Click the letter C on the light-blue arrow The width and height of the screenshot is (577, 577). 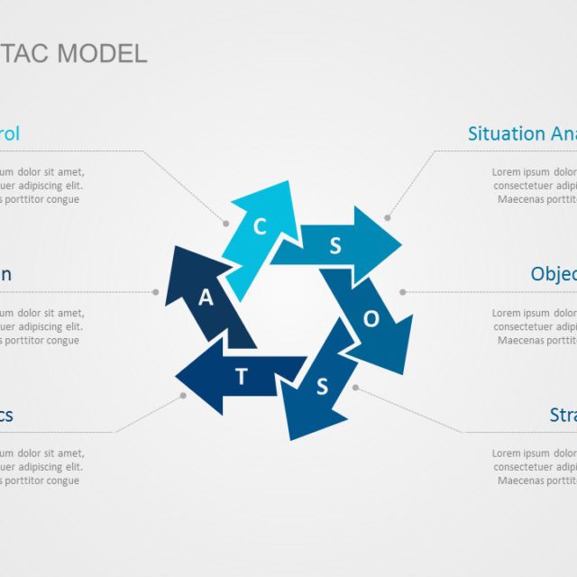[260, 226]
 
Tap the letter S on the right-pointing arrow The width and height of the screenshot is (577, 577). [335, 247]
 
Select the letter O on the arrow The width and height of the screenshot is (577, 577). [371, 318]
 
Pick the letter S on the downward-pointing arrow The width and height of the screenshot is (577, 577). [321, 388]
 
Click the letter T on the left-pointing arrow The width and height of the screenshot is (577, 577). [241, 377]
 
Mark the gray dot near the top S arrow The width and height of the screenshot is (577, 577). [388, 217]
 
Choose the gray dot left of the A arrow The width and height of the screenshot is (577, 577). [156, 292]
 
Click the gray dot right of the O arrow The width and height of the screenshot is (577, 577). [402, 292]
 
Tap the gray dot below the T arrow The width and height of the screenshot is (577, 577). [183, 395]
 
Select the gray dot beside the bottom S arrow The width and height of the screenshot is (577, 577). [355, 387]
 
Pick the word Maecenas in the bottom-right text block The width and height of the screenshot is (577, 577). [523, 481]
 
